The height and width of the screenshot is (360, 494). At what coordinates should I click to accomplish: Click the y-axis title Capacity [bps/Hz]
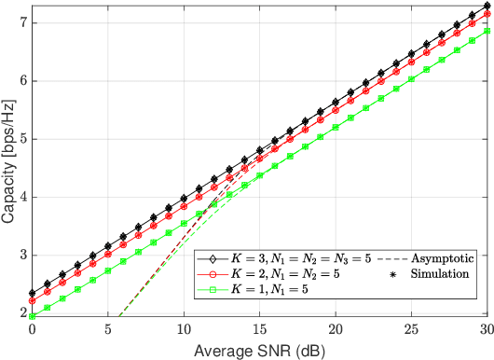[x=9, y=159]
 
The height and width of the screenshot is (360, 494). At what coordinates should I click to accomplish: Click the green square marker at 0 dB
[x=33, y=316]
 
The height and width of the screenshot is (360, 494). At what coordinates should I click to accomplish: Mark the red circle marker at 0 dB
[x=33, y=300]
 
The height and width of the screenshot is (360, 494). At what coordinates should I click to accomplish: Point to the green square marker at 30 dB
[x=487, y=31]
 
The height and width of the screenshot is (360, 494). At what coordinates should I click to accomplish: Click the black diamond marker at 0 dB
[x=33, y=293]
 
